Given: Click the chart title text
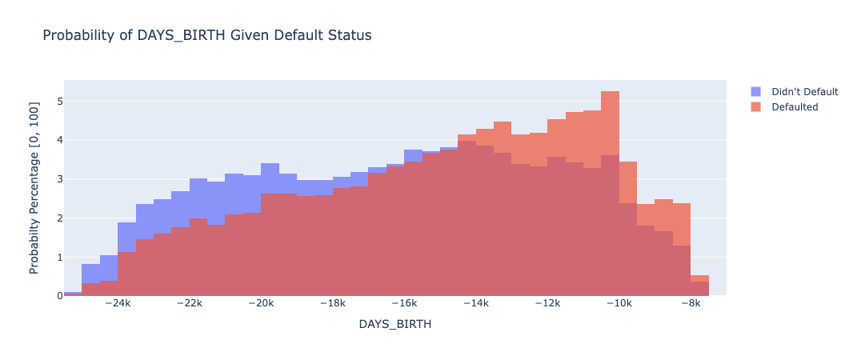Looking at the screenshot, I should pos(206,35).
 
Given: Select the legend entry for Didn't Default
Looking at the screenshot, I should pos(804,91).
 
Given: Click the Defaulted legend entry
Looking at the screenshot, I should pos(795,106).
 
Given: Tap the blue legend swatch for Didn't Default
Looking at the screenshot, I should pos(756,91).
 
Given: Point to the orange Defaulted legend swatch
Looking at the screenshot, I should pos(756,106).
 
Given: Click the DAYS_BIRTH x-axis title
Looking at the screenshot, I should pos(394,324).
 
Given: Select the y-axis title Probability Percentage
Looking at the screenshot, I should pos(34,188).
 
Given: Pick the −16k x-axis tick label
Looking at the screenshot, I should pos(405,304).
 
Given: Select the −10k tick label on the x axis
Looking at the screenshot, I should pos(619,304).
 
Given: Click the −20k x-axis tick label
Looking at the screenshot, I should pos(262,304).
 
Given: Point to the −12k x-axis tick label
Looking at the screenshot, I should pos(548,304).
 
